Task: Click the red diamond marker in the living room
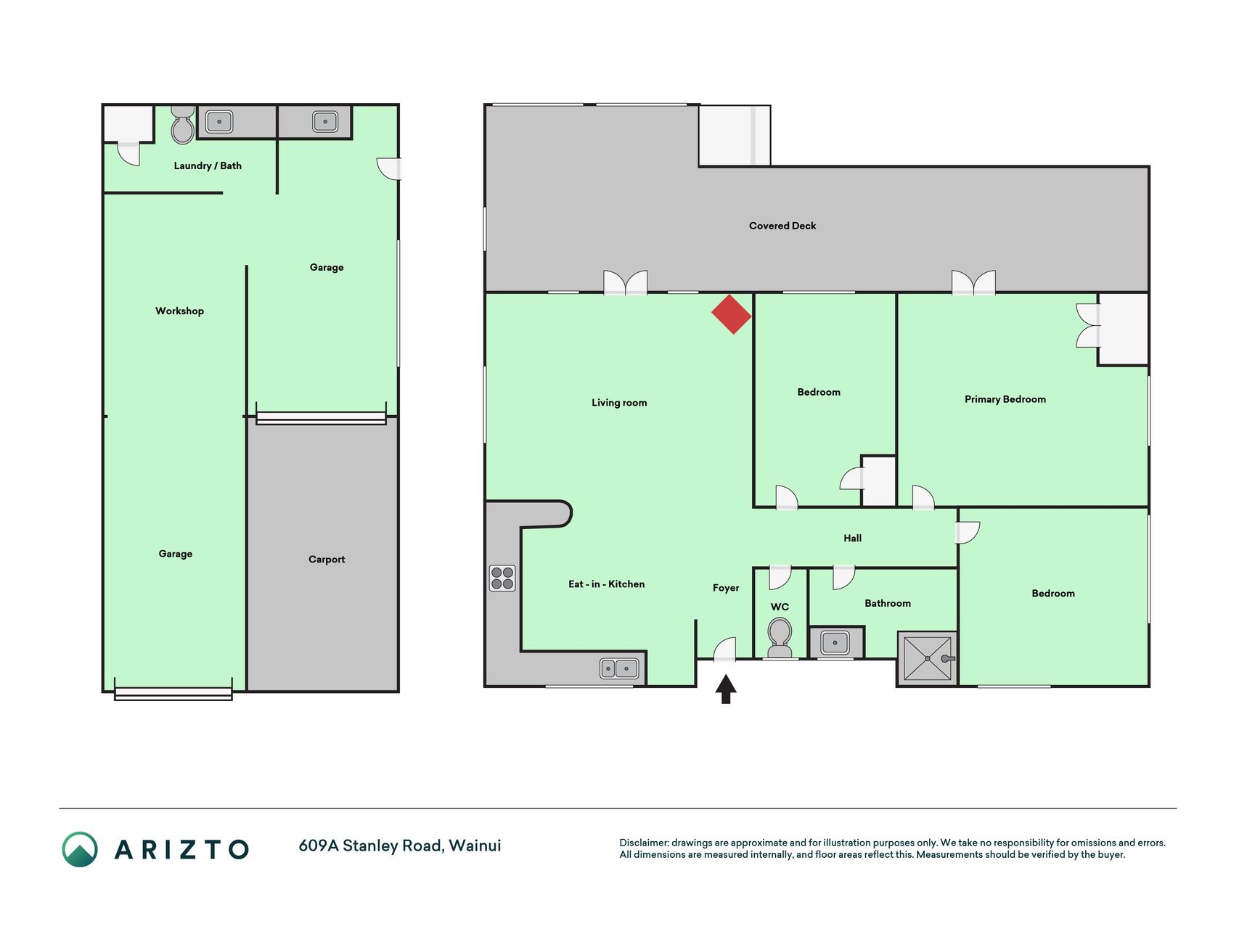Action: [732, 314]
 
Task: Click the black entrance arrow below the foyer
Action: [726, 689]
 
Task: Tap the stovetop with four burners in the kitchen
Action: [502, 578]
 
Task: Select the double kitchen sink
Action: [619, 668]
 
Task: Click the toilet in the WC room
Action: [780, 637]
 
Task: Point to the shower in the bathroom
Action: [928, 658]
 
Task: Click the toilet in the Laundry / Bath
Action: [183, 125]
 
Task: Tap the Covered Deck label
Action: [782, 226]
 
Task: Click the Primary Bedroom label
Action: [1005, 399]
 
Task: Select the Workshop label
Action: [179, 311]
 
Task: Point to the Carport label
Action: [327, 559]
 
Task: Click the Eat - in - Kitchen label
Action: [606, 584]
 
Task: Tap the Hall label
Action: [852, 538]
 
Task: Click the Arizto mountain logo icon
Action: [80, 849]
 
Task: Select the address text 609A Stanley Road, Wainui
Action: [400, 846]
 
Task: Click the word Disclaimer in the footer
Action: [644, 843]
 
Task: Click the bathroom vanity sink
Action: [835, 642]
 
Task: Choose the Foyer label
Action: [726, 588]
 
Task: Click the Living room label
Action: [619, 403]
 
